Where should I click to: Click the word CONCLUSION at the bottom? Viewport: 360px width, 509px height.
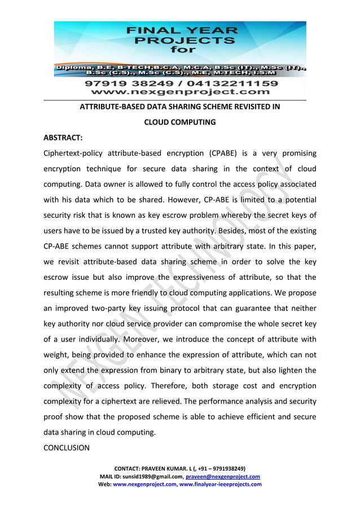point(67,447)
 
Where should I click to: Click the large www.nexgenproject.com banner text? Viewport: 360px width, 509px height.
point(181,91)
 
